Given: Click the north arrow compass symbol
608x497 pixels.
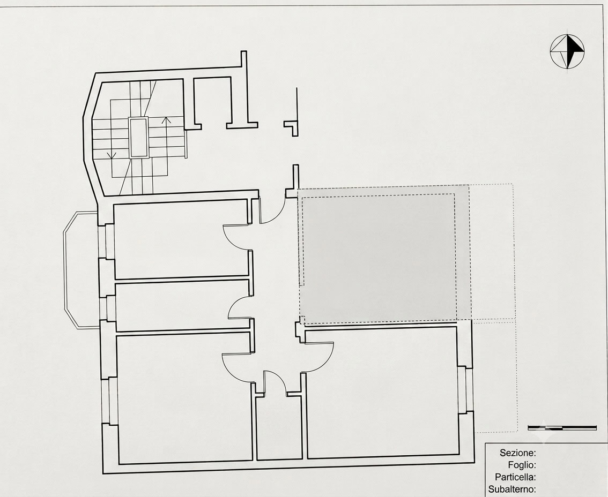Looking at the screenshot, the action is point(567,52).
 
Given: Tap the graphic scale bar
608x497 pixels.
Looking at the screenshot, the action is point(562,428).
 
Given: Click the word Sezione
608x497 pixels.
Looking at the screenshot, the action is point(517,453).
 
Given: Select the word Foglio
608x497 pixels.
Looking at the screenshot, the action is point(522,465).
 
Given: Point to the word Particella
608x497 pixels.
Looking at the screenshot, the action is point(515,477).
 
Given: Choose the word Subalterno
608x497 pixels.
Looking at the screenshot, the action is point(512,490).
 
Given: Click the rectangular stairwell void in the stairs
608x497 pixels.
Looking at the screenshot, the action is point(138,138).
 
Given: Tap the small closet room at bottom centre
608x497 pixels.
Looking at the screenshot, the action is point(278,426).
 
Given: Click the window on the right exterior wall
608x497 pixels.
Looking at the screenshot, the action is point(464,389).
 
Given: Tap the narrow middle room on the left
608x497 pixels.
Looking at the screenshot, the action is point(182,306).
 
